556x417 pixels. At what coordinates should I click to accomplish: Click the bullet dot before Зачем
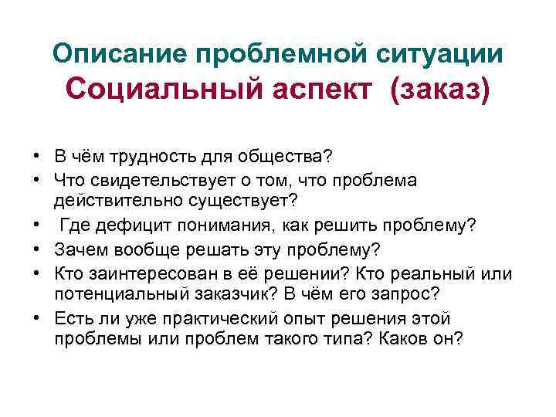click(36, 249)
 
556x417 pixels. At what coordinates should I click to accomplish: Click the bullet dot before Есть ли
click(36, 317)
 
